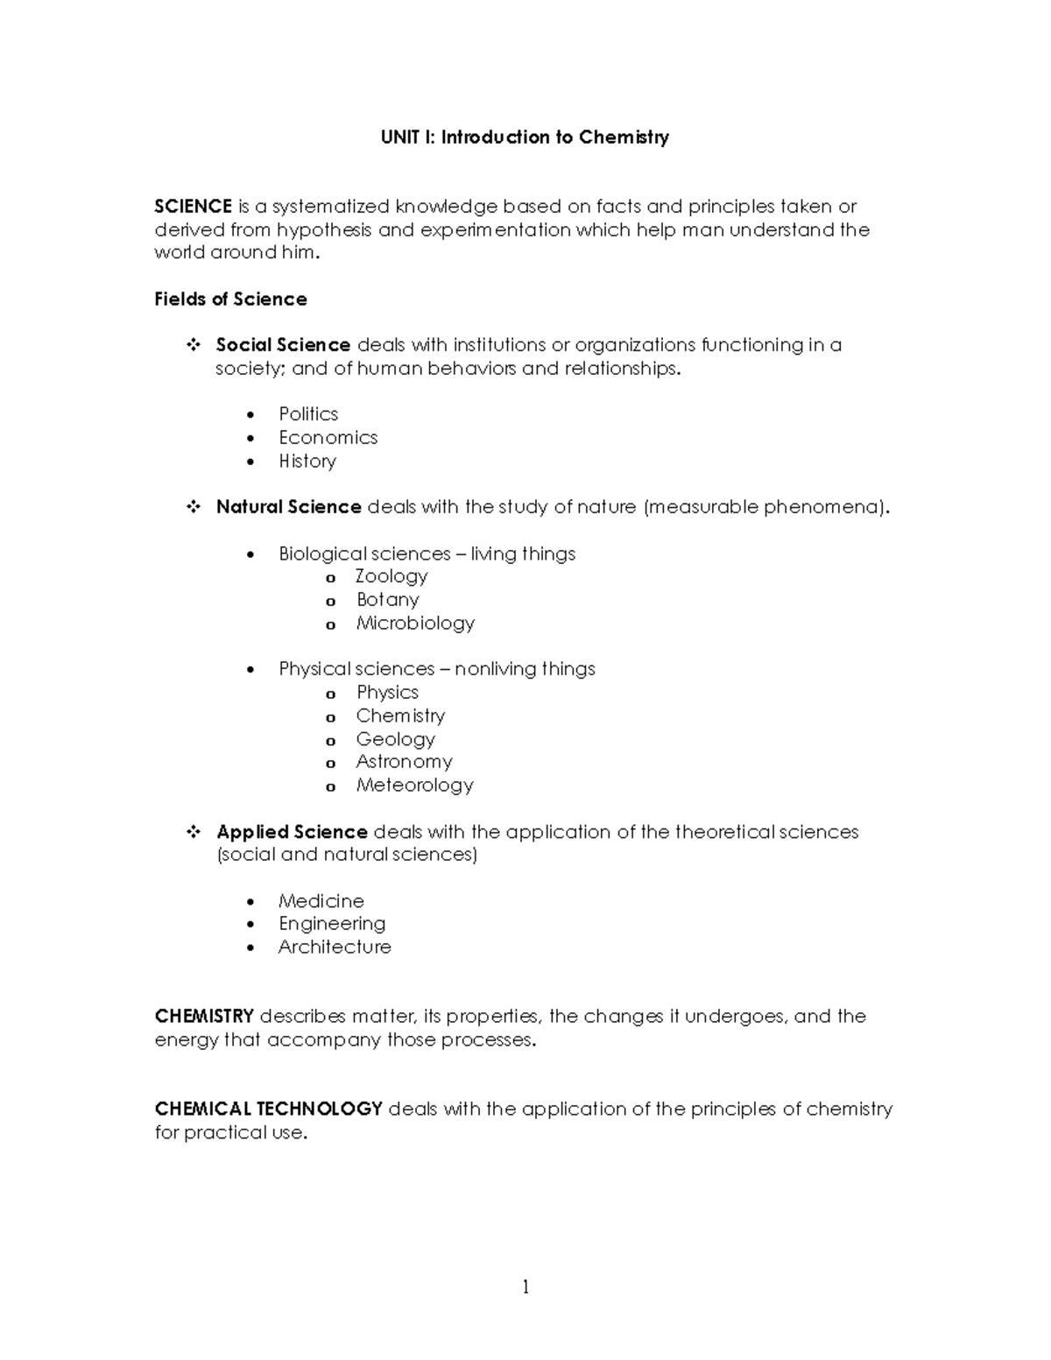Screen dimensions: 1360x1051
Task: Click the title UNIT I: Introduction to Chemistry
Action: click(x=524, y=137)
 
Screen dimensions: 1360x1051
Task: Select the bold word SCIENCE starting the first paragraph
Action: click(x=193, y=207)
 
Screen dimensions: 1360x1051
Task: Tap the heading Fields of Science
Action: click(x=230, y=299)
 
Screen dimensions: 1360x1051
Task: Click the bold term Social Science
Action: click(x=283, y=345)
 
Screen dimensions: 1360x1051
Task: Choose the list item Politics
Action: click(x=308, y=414)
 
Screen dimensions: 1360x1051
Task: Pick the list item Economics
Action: click(x=328, y=438)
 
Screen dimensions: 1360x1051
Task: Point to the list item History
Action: click(x=307, y=462)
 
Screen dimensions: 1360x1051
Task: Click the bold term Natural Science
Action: click(x=288, y=507)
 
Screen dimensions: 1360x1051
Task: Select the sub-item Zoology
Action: click(x=391, y=576)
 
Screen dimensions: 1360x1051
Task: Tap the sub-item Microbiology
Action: click(x=415, y=624)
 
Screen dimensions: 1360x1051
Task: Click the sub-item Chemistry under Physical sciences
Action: click(x=400, y=716)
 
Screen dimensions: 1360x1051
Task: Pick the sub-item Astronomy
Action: click(x=404, y=762)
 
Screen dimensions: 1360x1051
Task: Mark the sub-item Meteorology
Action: click(x=414, y=786)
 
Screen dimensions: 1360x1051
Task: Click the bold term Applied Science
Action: click(x=292, y=832)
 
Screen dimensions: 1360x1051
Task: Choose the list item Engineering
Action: click(x=332, y=924)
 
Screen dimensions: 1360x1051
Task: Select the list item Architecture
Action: click(x=335, y=948)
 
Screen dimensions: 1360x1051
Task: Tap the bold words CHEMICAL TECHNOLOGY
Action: click(x=268, y=1110)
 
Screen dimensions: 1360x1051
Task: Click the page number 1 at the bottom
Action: click(x=525, y=1286)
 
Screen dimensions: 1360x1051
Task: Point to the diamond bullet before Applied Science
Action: click(x=194, y=832)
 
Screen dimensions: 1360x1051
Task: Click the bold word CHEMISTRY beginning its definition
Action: click(x=204, y=1017)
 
